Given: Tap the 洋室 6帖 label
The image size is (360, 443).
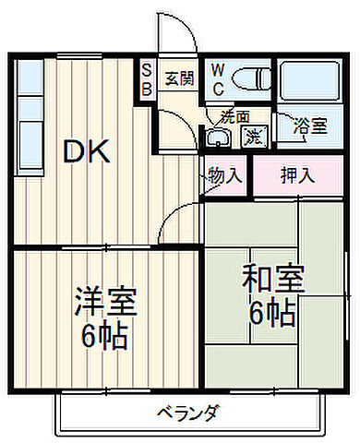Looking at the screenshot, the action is (104, 317).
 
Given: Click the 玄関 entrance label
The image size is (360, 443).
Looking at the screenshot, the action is (179, 78).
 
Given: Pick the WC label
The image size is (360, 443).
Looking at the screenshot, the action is (218, 78).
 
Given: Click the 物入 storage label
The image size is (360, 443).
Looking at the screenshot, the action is (224, 174).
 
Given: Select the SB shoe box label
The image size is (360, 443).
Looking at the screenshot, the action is (147, 78).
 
